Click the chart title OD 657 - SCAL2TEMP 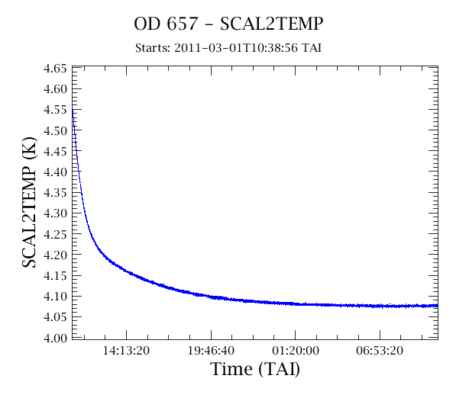pyautogui.click(x=228, y=24)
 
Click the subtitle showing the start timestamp pyautogui.click(x=228, y=48)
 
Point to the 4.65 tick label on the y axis pyautogui.click(x=55, y=69)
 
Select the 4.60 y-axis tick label pyautogui.click(x=55, y=89)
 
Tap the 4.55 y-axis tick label pyautogui.click(x=55, y=110)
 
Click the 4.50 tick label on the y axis pyautogui.click(x=55, y=130)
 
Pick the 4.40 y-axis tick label pyautogui.click(x=55, y=172)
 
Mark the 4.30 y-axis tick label pyautogui.click(x=55, y=213)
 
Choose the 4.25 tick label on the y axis pyautogui.click(x=55, y=234)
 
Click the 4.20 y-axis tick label pyautogui.click(x=55, y=255)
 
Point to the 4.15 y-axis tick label pyautogui.click(x=55, y=276)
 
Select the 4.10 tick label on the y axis pyautogui.click(x=55, y=297)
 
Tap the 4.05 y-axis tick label pyautogui.click(x=55, y=317)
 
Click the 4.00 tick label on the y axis pyautogui.click(x=55, y=339)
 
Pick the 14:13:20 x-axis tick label pyautogui.click(x=126, y=351)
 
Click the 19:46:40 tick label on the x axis pyautogui.click(x=211, y=351)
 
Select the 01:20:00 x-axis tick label pyautogui.click(x=296, y=351)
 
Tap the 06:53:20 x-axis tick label pyautogui.click(x=380, y=351)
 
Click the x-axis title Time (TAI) pyautogui.click(x=255, y=369)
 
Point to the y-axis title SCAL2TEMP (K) pyautogui.click(x=29, y=202)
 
